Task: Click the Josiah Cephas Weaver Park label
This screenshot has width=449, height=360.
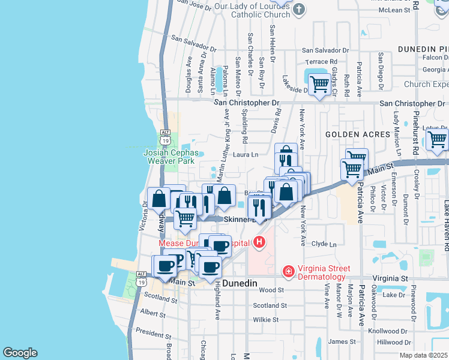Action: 170,157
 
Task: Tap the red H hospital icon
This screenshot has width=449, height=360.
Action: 259,242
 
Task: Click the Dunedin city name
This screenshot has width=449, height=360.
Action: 240,283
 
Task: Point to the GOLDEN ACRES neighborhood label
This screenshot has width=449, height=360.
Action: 358,134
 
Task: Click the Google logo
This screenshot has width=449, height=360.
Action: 20,353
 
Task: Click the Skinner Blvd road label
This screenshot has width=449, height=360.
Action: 243,220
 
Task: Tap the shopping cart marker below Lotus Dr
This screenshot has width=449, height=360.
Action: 438,139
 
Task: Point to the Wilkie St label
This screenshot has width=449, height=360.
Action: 266,320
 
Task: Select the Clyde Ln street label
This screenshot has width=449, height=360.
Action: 324,244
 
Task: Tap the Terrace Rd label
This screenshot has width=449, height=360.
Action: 321,62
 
